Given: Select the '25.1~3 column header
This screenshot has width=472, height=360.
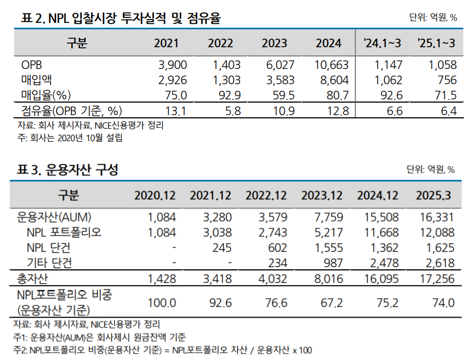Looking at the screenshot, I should click(x=436, y=43).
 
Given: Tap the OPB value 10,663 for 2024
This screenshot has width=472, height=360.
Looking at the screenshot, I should click(x=331, y=66).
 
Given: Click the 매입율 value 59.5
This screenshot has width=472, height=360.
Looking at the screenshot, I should click(x=281, y=96).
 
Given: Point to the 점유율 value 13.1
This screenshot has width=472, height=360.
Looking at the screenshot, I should click(x=177, y=112).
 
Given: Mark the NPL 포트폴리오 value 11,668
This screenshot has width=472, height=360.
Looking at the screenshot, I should click(x=380, y=232).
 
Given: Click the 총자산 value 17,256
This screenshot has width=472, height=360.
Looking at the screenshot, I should click(x=437, y=279).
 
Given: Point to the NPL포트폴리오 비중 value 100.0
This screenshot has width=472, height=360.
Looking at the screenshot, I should click(x=162, y=302).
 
